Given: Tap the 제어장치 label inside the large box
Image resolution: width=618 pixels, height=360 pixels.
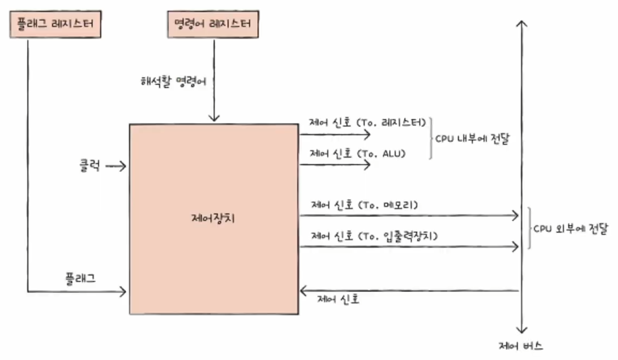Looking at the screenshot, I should pyautogui.click(x=213, y=219).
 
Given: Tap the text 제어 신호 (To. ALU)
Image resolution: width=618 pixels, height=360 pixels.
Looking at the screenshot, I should pyautogui.click(x=357, y=153).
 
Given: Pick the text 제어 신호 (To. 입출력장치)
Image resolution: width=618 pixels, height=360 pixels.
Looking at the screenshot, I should pyautogui.click(x=374, y=235).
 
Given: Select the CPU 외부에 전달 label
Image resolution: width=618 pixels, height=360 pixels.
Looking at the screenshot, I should pyautogui.click(x=570, y=228).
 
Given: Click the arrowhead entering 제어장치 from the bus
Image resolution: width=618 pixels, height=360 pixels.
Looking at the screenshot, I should pyautogui.click(x=303, y=291).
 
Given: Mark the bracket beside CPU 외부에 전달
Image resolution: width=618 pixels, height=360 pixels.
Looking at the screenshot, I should pyautogui.click(x=529, y=228).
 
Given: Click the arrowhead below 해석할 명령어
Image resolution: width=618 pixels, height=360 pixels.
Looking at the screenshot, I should pyautogui.click(x=214, y=118).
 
